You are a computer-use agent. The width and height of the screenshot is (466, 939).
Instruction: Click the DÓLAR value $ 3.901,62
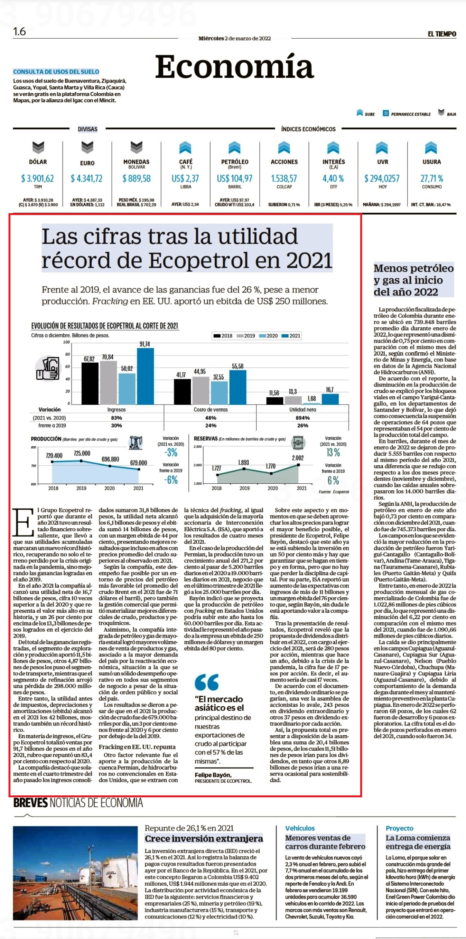pyautogui.click(x=37, y=178)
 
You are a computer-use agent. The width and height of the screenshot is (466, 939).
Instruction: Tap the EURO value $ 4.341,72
pyautogui.click(x=86, y=178)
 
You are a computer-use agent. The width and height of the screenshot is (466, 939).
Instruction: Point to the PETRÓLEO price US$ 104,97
pyautogui.click(x=234, y=178)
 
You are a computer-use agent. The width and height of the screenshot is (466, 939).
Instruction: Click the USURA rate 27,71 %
pyautogui.click(x=432, y=178)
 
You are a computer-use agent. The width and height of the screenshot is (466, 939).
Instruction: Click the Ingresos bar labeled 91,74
pyautogui.click(x=145, y=376)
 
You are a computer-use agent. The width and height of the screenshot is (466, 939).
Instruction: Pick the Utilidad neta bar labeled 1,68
pyautogui.click(x=312, y=403)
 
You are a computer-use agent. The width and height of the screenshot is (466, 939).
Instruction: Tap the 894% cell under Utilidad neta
pyautogui.click(x=303, y=418)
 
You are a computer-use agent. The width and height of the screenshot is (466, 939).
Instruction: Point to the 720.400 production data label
pyautogui.click(x=54, y=456)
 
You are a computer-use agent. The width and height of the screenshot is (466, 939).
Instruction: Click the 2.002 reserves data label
pyautogui.click(x=298, y=458)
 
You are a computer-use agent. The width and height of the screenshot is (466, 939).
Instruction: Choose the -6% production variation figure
pyautogui.click(x=171, y=480)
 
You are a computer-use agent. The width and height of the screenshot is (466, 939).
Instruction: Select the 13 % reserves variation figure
pyautogui.click(x=333, y=452)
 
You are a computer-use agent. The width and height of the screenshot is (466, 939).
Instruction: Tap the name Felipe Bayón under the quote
pyautogui.click(x=213, y=775)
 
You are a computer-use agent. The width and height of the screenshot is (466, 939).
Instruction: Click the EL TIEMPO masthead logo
pyautogui.click(x=442, y=34)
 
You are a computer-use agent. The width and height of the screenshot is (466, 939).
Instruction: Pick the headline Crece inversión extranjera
pyautogui.click(x=204, y=839)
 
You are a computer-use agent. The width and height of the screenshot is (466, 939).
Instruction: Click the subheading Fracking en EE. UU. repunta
pyautogui.click(x=137, y=747)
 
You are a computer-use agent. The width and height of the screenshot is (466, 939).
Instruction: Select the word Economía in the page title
pyautogui.click(x=234, y=67)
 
